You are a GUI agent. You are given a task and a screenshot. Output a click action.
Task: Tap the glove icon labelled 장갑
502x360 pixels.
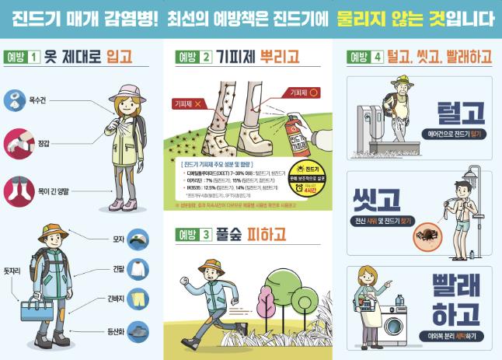coord(16,142)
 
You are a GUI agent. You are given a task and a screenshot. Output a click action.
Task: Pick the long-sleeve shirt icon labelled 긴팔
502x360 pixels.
coord(138,269)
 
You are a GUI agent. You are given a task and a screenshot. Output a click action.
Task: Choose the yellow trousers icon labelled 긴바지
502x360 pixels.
coord(138,299)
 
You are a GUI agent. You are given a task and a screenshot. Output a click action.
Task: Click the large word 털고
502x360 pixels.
coord(461,114)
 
